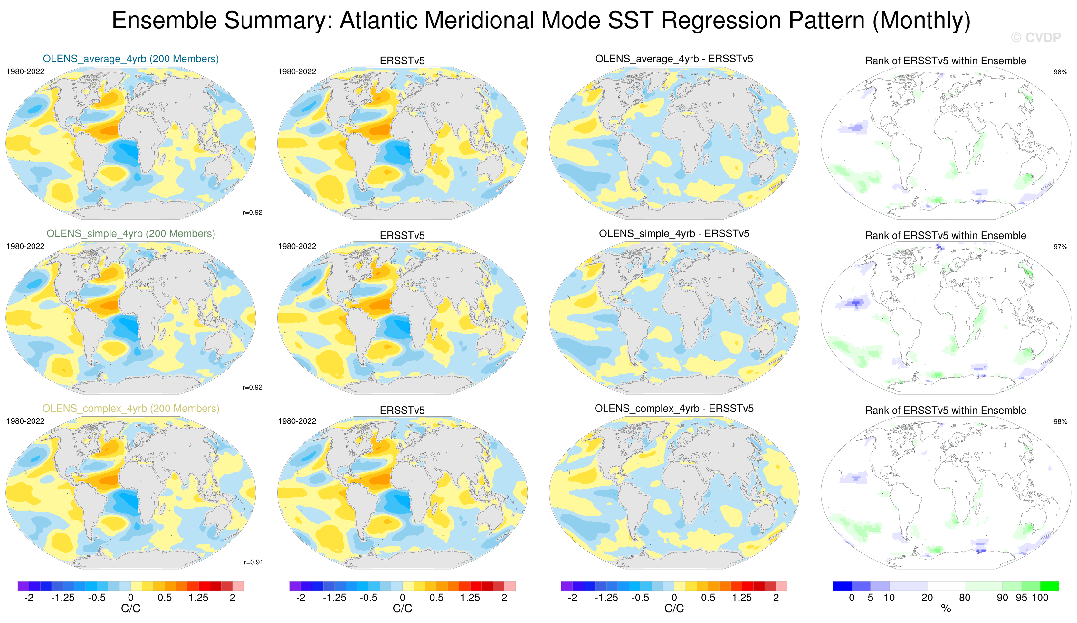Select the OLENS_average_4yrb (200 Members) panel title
[130, 59]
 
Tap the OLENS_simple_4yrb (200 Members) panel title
[130, 234]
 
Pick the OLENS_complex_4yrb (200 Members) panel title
[130, 409]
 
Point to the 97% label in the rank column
[1060, 247]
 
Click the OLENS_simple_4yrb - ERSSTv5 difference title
[674, 234]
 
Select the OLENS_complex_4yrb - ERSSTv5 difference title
[674, 409]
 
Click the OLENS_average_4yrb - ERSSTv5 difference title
[674, 59]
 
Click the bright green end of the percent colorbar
[1049, 586]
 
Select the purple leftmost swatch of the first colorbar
[23, 586]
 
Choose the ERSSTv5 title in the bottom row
[402, 411]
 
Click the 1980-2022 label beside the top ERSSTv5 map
[297, 72]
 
